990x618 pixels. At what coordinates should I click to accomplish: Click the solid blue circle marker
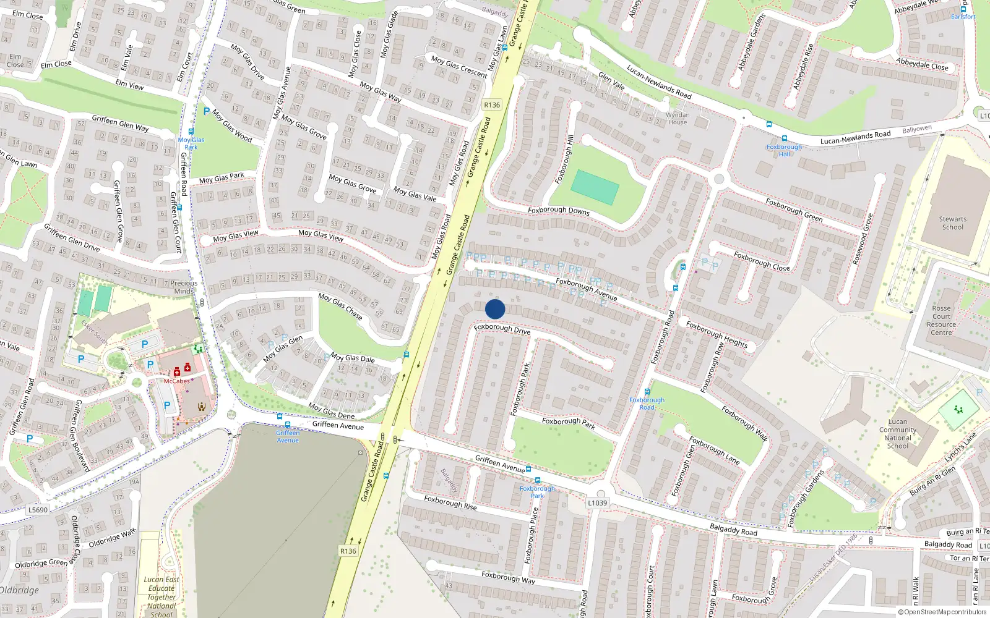click(x=495, y=309)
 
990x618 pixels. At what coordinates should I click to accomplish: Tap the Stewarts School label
click(x=952, y=223)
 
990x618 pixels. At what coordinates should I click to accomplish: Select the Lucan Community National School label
click(x=897, y=434)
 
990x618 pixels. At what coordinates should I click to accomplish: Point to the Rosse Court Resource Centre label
click(x=941, y=320)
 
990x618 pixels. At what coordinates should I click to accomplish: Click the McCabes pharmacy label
click(x=176, y=381)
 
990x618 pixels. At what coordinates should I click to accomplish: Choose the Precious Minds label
click(x=184, y=287)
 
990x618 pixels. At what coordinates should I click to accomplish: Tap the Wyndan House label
click(x=678, y=118)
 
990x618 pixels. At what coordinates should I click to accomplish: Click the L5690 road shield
click(x=38, y=510)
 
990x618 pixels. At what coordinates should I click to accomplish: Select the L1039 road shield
click(x=597, y=502)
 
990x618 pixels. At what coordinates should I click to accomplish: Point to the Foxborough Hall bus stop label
click(x=784, y=150)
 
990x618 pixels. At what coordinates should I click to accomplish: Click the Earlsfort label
click(x=963, y=17)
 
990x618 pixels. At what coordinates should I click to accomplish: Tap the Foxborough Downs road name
click(x=559, y=211)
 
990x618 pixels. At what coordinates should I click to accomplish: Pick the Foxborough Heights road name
click(x=717, y=334)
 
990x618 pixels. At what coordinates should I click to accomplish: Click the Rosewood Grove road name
click(x=863, y=239)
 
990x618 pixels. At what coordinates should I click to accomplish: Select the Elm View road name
click(x=129, y=85)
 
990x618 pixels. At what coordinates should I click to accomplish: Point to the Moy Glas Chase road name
click(x=340, y=306)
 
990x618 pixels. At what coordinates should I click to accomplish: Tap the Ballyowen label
click(x=917, y=129)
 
